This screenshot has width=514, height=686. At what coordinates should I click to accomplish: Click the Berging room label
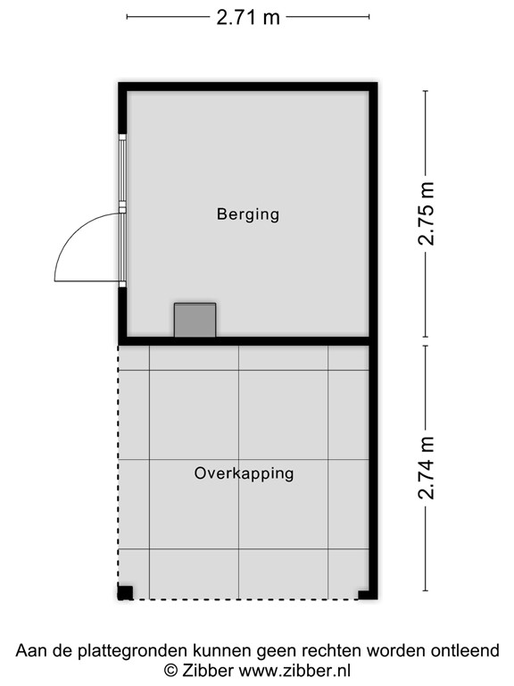pos(247,214)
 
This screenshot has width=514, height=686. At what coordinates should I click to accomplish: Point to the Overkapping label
pos(244,473)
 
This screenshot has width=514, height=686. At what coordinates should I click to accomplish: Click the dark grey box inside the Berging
pos(195,320)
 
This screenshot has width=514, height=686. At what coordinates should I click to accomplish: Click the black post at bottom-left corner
pos(125,592)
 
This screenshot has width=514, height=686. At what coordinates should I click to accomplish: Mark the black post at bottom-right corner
pos(366,593)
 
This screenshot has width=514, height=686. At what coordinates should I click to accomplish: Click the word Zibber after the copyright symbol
pos(206,670)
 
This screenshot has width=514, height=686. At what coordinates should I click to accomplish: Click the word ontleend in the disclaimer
pos(468,650)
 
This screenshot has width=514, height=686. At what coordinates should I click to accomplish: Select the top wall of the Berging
pos(247,87)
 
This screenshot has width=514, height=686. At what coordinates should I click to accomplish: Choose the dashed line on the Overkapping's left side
pos(119,464)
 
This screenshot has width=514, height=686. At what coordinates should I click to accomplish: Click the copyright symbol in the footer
pos(170,670)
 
